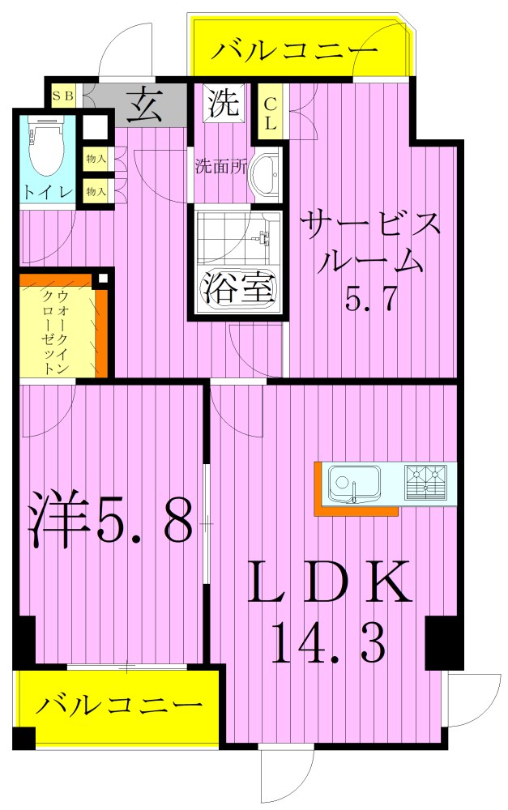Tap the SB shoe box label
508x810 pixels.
(x=63, y=95)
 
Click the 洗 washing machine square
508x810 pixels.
(x=223, y=103)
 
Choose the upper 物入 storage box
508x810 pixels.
(x=96, y=159)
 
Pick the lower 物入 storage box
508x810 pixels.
(x=96, y=191)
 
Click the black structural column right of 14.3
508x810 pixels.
(x=443, y=643)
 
